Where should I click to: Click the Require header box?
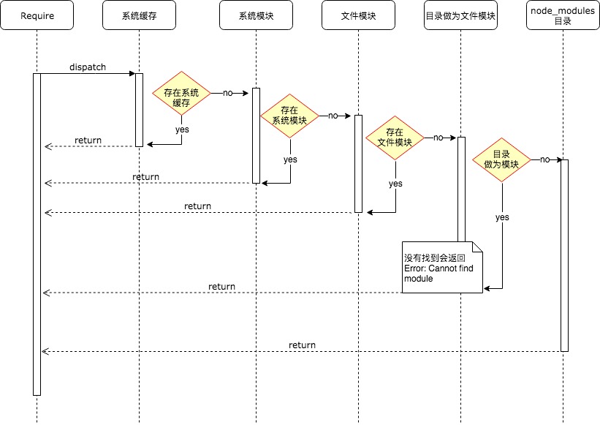(x=37, y=15)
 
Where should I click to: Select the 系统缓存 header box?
(x=139, y=15)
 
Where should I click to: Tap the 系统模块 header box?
(x=256, y=15)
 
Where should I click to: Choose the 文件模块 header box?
(x=358, y=15)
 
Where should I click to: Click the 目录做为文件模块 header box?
(x=460, y=15)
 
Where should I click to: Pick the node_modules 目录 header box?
(x=563, y=15)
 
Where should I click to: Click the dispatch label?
(x=88, y=67)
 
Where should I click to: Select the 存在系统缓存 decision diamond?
(x=181, y=94)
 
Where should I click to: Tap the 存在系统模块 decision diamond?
(x=291, y=116)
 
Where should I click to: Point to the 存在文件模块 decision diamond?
(x=395, y=138)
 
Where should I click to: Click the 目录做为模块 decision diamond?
(x=501, y=159)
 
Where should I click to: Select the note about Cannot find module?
(x=442, y=268)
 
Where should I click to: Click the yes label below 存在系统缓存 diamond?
(x=181, y=129)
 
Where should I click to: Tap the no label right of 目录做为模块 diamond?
(x=544, y=159)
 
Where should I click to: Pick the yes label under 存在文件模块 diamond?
(x=395, y=184)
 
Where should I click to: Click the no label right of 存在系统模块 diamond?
(x=333, y=116)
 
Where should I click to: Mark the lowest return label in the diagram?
(x=302, y=345)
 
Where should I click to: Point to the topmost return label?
(x=88, y=140)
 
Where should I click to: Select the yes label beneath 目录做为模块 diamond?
(x=502, y=217)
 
